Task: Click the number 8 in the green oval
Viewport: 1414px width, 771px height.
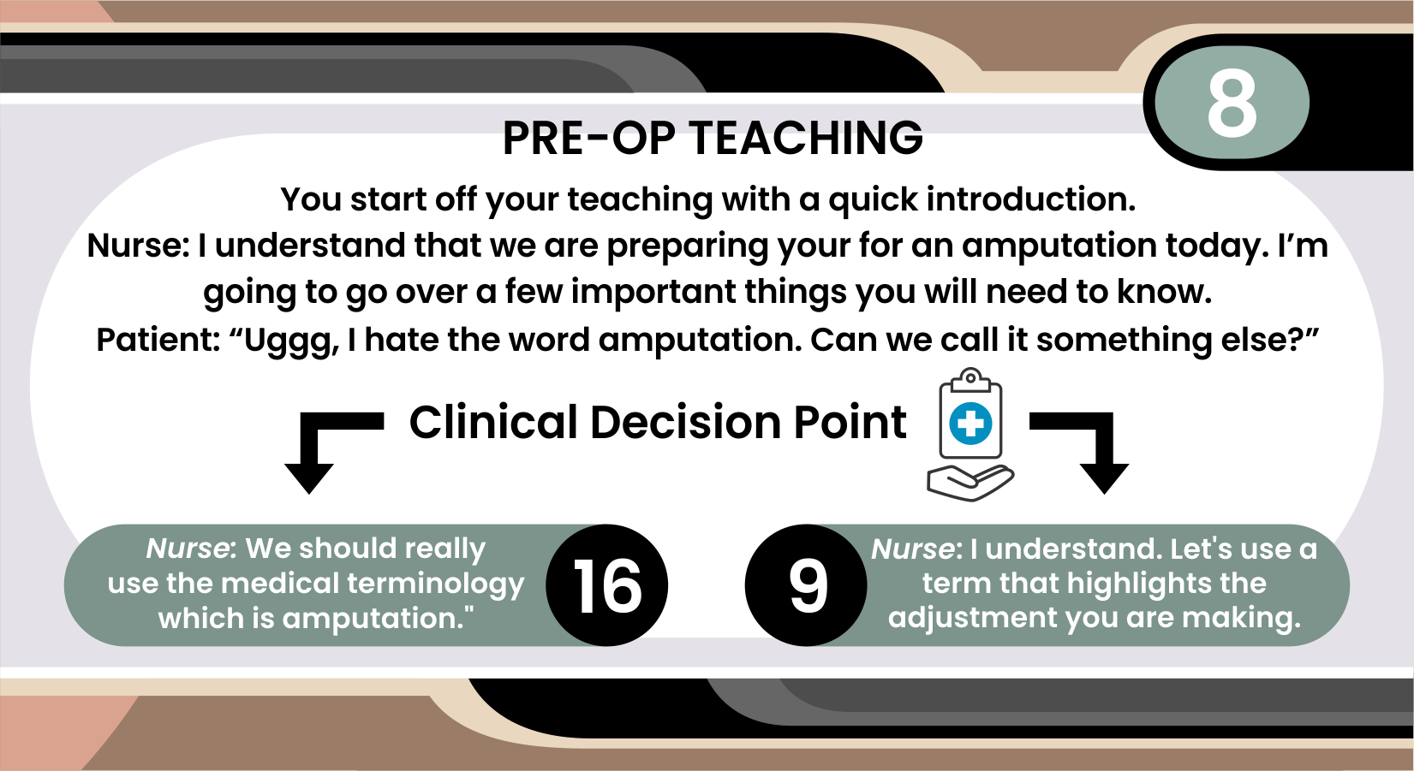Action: (1232, 102)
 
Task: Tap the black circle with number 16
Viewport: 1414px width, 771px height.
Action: (606, 584)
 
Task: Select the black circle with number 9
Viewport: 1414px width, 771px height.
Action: (806, 584)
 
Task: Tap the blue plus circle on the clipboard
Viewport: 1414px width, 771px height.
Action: (970, 424)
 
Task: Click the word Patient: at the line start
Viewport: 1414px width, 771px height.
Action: (158, 340)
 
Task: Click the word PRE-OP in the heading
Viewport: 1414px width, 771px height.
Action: (589, 138)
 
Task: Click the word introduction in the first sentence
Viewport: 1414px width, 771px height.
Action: (1031, 199)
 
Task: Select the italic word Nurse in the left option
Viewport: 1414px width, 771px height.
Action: (192, 549)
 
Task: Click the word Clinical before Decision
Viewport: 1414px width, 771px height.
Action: (493, 422)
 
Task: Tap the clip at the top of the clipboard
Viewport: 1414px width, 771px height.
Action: (970, 379)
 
